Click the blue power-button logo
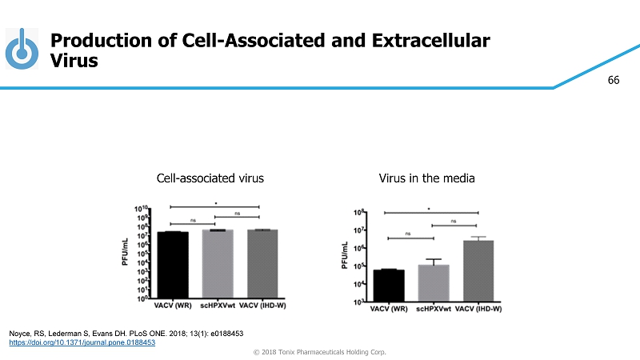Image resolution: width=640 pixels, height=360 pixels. tap(22, 50)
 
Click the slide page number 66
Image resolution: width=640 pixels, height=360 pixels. tap(614, 81)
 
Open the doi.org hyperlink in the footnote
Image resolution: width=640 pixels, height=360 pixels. tap(81, 342)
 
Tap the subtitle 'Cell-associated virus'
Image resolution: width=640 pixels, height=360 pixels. tap(210, 178)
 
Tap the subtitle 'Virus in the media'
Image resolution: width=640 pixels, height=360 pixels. tap(426, 178)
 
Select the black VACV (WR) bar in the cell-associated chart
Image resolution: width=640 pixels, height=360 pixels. tap(173, 265)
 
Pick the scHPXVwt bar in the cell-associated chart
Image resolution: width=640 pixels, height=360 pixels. tap(217, 264)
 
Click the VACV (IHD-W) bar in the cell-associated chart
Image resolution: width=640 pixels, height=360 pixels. tap(262, 264)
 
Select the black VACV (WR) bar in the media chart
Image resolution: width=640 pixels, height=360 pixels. tap(389, 286)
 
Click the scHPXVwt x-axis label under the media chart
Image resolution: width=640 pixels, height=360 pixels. tap(432, 309)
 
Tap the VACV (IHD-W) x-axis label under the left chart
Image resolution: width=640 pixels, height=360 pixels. tap(262, 306)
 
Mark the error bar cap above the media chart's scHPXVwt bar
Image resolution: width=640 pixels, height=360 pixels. tap(434, 259)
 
